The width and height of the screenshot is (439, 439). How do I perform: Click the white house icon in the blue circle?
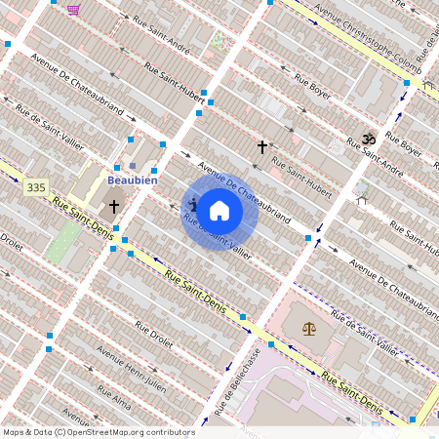219,210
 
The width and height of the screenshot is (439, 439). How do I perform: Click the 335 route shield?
37,186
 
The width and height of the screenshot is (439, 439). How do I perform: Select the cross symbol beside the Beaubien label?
114,207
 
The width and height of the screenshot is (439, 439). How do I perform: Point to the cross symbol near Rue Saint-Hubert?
261,147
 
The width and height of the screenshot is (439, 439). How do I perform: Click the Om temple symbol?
369,140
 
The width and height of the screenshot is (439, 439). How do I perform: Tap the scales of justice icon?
309,330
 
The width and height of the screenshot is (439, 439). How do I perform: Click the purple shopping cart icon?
74,9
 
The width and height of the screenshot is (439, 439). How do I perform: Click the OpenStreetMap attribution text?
99,432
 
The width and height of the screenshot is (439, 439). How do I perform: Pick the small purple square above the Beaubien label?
133,166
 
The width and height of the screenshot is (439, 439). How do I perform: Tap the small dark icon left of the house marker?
193,204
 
